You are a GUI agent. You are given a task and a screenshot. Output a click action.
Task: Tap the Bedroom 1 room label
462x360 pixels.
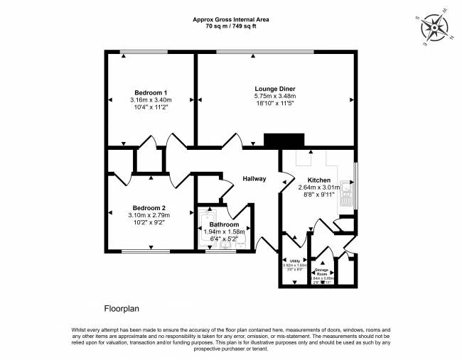pyautogui.click(x=151, y=92)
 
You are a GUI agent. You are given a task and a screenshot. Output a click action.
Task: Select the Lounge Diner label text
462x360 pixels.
pyautogui.click(x=274, y=89)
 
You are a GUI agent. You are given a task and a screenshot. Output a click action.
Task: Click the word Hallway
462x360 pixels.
pyautogui.click(x=254, y=178)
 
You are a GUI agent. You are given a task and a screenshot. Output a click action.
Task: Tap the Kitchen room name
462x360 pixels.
pyautogui.click(x=318, y=180)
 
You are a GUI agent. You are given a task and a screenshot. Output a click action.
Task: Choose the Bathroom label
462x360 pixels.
pyautogui.click(x=223, y=224)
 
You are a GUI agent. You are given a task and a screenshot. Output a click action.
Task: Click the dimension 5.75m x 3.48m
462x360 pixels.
pyautogui.click(x=274, y=97)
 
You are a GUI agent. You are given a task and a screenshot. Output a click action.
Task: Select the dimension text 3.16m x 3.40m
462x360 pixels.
pyautogui.click(x=151, y=100)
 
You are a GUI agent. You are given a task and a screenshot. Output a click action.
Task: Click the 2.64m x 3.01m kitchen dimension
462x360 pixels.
pyautogui.click(x=318, y=187)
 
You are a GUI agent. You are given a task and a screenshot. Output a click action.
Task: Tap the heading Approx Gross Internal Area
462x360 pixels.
pyautogui.click(x=230, y=20)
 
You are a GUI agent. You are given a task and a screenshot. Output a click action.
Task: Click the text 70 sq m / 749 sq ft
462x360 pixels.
pyautogui.click(x=230, y=26)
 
